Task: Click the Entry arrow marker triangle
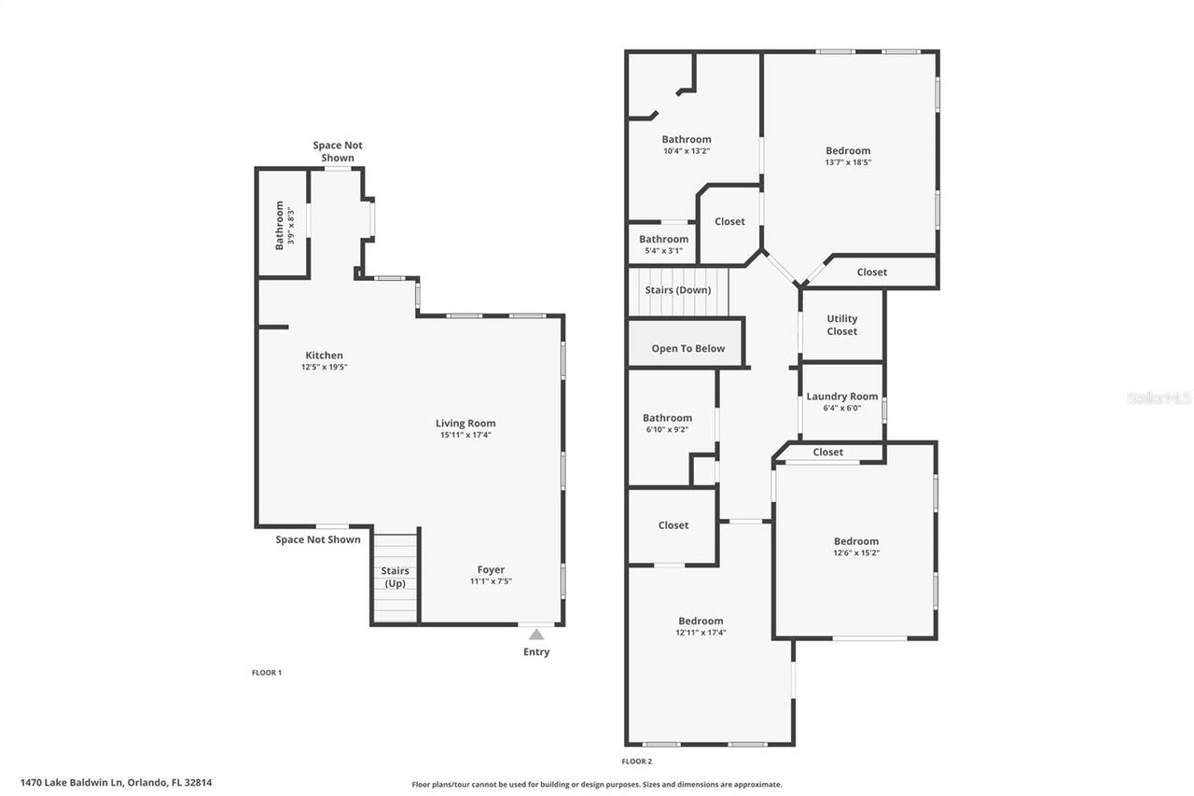point(536,635)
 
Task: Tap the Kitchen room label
point(324,356)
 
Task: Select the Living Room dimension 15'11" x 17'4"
point(465,435)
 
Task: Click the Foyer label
point(491,569)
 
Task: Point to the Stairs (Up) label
point(396,577)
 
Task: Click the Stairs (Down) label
point(678,290)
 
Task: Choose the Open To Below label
point(687,349)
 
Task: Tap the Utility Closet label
point(841,325)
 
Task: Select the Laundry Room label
point(842,397)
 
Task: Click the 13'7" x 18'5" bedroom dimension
point(848,162)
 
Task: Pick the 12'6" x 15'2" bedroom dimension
point(856,552)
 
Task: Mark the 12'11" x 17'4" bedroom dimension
point(701,633)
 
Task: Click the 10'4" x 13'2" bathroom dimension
point(687,151)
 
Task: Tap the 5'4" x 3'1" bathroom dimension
point(663,250)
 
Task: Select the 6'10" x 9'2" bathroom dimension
point(667,429)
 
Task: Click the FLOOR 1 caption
point(267,673)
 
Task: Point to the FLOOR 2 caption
point(637,761)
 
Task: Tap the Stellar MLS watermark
point(1159,398)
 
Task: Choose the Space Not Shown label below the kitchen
point(318,539)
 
